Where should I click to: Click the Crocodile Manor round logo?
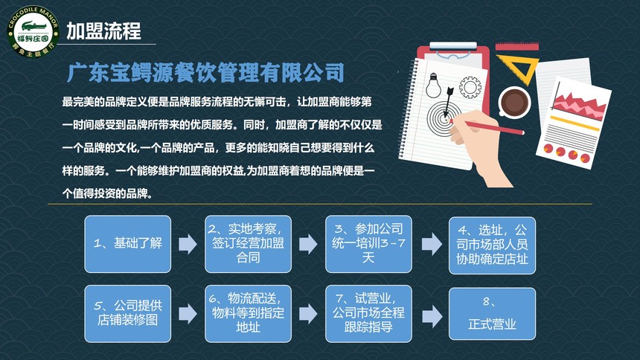[x=33, y=31]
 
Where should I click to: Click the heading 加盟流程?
[x=103, y=31]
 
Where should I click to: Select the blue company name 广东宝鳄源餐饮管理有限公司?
[x=205, y=73]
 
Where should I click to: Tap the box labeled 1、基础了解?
[x=128, y=244]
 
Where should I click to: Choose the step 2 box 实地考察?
[x=248, y=244]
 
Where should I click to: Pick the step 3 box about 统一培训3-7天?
[x=368, y=244]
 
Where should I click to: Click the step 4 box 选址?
[x=492, y=245]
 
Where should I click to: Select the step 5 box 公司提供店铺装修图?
[x=128, y=313]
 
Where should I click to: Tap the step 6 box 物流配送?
[x=248, y=313]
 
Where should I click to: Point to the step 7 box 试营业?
[x=368, y=313]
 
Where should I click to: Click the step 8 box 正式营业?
[x=492, y=313]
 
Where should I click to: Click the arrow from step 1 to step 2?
[x=188, y=244]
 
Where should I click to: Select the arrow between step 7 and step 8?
[x=432, y=316]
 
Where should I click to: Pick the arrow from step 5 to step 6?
[x=188, y=314]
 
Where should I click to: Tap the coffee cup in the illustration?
[x=514, y=102]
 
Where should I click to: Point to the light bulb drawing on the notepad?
[x=433, y=85]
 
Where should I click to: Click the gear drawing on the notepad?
[x=470, y=87]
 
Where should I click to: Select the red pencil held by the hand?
[x=487, y=126]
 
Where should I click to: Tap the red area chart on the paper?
[x=579, y=104]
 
